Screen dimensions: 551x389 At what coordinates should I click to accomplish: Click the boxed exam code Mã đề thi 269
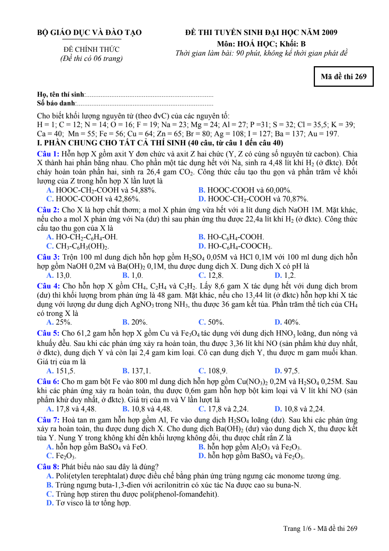[x=343, y=76]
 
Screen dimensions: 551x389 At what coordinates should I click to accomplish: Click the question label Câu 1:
[x=48, y=154]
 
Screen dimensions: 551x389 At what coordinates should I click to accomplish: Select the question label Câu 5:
[x=48, y=333]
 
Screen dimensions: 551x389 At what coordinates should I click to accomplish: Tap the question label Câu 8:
[x=48, y=467]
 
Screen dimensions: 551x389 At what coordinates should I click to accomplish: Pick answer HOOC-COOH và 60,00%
[x=249, y=190]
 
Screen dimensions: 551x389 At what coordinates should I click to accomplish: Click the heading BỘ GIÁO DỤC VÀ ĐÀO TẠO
[x=89, y=33]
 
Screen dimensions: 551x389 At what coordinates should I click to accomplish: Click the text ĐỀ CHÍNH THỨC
[x=91, y=49]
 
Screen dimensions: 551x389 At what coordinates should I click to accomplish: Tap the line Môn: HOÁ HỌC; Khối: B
[x=261, y=44]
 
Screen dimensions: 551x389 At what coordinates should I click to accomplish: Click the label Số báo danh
[x=56, y=103]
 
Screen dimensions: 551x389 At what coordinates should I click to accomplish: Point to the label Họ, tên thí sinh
[x=61, y=94]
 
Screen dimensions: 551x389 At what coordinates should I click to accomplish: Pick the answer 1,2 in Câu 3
[x=289, y=275]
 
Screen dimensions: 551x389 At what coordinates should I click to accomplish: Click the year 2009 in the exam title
[x=329, y=33]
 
